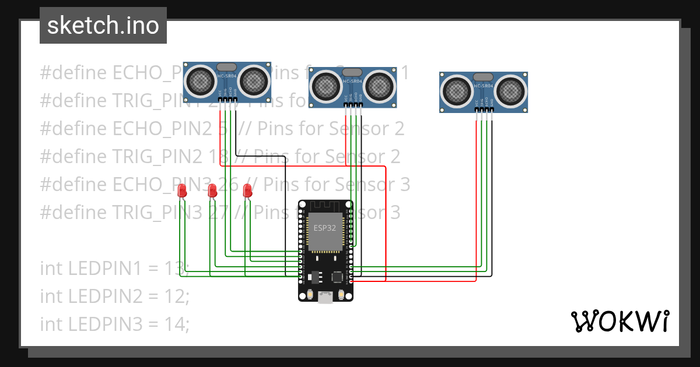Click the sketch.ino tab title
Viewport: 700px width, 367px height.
103,26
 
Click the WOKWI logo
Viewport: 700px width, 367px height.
619,321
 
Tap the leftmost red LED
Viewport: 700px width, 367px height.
182,190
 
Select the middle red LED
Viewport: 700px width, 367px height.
212,190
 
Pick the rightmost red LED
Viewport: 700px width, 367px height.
247,190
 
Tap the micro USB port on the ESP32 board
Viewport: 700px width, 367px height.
325,298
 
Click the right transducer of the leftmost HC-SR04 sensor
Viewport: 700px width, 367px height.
254,80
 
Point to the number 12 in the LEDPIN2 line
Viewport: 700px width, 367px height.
173,296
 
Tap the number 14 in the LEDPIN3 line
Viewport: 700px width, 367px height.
173,323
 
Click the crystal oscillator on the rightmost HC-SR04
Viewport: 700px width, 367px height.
483,77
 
